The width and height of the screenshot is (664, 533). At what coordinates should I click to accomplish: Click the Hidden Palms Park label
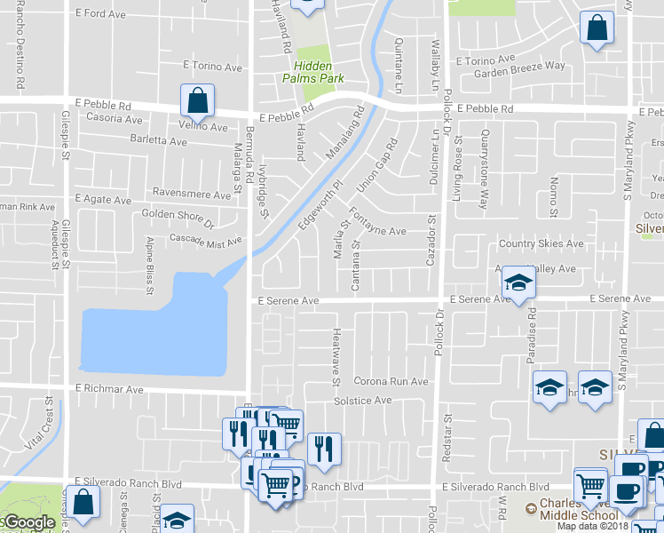click(313, 72)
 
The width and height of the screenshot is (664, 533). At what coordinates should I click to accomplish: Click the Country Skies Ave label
click(541, 243)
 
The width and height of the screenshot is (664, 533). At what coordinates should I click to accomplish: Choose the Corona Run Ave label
click(391, 381)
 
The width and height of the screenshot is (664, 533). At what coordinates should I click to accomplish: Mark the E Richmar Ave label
click(109, 389)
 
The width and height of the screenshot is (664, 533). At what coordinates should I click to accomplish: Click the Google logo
click(28, 523)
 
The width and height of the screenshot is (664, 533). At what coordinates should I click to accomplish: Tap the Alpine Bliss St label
click(148, 264)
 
